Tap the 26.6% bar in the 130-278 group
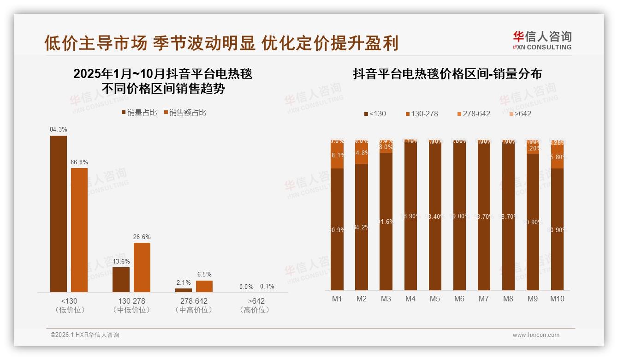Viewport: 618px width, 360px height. (142, 267)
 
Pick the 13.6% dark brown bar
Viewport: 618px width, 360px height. (121, 279)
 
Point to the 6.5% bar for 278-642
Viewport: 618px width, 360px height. (204, 286)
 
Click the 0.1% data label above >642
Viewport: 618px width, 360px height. (267, 286)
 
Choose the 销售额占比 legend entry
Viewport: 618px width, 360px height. (184, 112)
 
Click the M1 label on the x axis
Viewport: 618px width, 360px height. (337, 299)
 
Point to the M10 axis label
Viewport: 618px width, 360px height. (557, 299)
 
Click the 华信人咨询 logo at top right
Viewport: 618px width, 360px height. (542, 40)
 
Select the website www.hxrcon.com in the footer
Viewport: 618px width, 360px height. (536, 335)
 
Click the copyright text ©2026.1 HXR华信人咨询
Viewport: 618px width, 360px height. (85, 335)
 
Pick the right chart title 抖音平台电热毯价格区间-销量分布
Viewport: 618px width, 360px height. (447, 74)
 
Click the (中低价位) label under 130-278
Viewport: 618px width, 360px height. (131, 310)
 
